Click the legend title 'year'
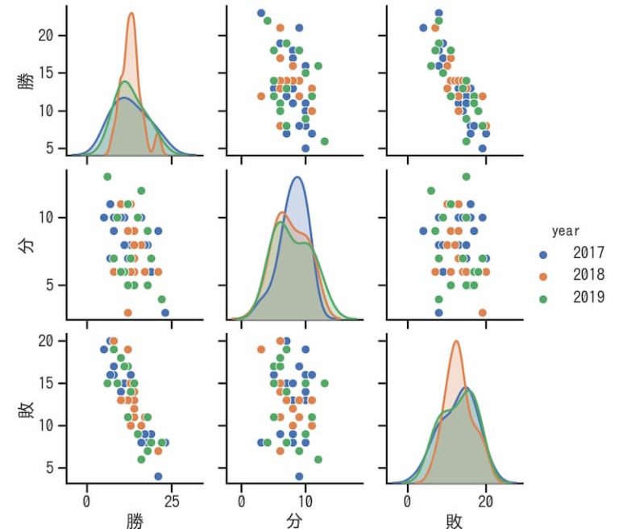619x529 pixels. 566,231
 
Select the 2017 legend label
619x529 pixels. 588,253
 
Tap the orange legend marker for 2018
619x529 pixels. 543,276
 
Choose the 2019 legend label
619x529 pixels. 588,298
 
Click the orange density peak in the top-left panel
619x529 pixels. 131,14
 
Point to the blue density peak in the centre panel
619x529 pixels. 298,177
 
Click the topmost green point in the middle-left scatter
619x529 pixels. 107,177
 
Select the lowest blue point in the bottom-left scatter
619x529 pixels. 158,476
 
